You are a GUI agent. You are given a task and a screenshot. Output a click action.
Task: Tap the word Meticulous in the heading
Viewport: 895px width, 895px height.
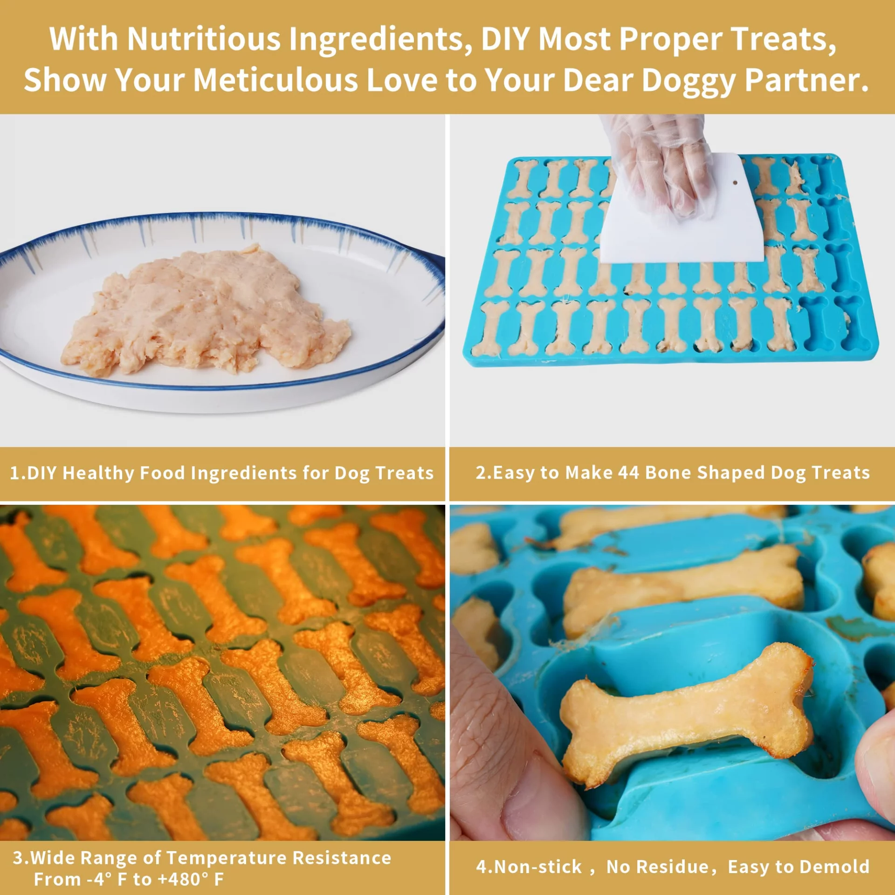pos(275,80)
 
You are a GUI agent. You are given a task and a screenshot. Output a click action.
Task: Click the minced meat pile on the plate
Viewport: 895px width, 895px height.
pos(205,310)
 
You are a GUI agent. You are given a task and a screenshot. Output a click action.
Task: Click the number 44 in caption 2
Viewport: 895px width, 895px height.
pos(628,473)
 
